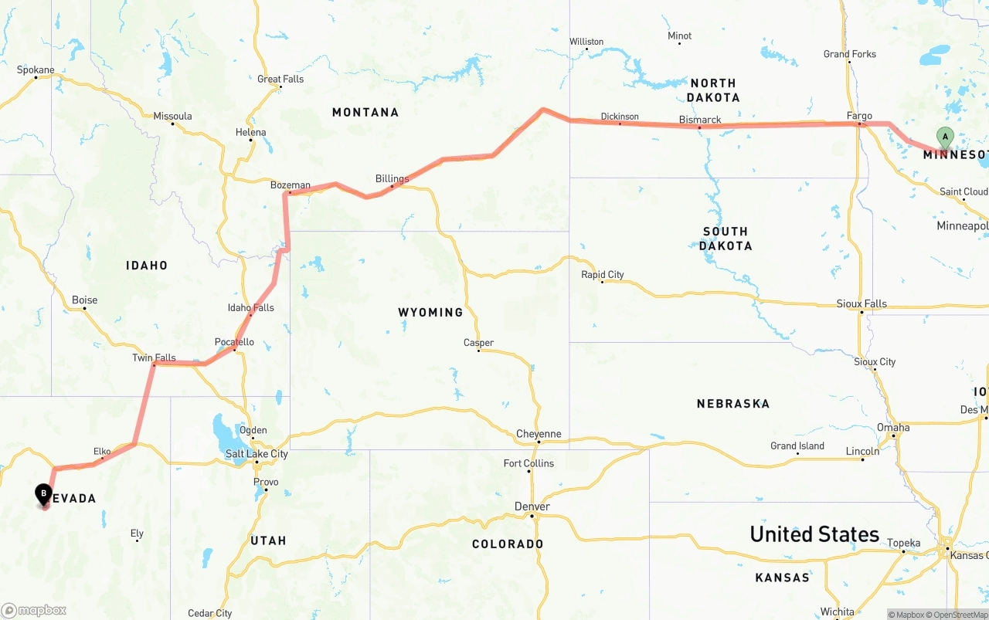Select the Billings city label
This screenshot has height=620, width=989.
392,179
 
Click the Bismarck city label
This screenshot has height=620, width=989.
699,120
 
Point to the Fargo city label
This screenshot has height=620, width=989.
859,116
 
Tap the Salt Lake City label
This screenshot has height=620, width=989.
257,454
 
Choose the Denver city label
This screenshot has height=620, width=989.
532,507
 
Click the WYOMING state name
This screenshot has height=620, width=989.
430,313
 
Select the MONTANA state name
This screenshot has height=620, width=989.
365,113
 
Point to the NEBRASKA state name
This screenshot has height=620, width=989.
732,404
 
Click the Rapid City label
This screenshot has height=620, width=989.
602,275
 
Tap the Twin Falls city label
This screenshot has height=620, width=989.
154,358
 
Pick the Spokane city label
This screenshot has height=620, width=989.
36,70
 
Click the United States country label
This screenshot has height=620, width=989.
814,534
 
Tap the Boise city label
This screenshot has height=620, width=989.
84,300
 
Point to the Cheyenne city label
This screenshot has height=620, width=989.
539,434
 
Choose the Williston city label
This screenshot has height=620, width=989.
586,42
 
